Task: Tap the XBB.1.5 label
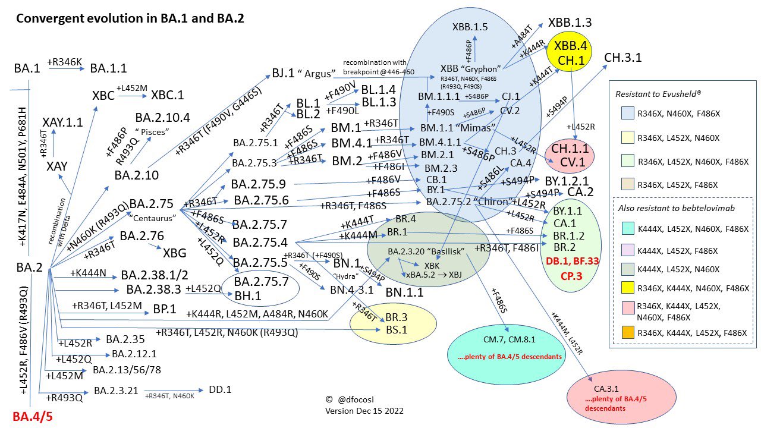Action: [470, 26]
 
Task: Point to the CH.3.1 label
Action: [622, 58]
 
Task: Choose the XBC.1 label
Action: [168, 95]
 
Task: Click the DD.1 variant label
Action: [220, 390]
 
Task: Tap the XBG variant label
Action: [175, 253]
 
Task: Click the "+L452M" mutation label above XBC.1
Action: [131, 87]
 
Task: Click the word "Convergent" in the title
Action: [45, 18]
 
